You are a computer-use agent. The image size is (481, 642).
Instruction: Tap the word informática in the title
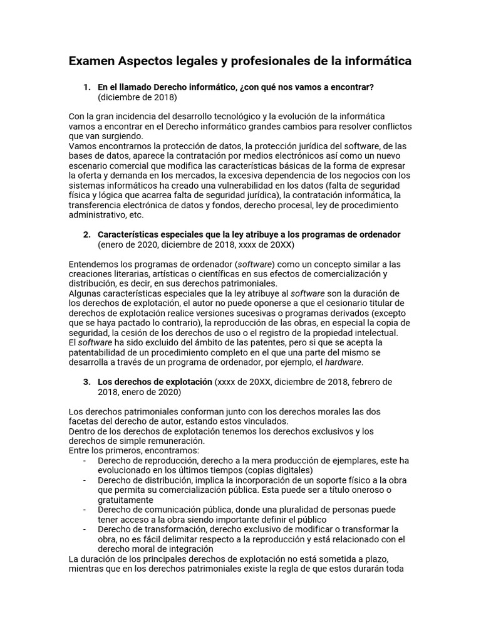click(x=376, y=61)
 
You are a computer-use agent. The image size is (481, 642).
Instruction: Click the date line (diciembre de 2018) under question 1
click(x=137, y=97)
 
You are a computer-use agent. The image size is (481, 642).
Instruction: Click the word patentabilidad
click(x=100, y=352)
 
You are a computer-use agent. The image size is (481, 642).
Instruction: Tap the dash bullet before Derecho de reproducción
click(x=85, y=460)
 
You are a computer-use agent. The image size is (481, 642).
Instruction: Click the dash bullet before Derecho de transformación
click(x=85, y=529)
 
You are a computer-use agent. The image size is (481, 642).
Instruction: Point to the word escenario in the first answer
click(x=88, y=166)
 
